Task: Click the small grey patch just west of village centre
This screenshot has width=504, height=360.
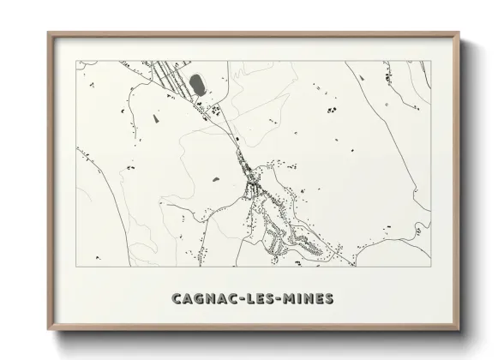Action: coord(215,179)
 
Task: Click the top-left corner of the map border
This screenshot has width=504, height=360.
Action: coord(77,61)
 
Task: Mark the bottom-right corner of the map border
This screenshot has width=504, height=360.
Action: coord(430,266)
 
